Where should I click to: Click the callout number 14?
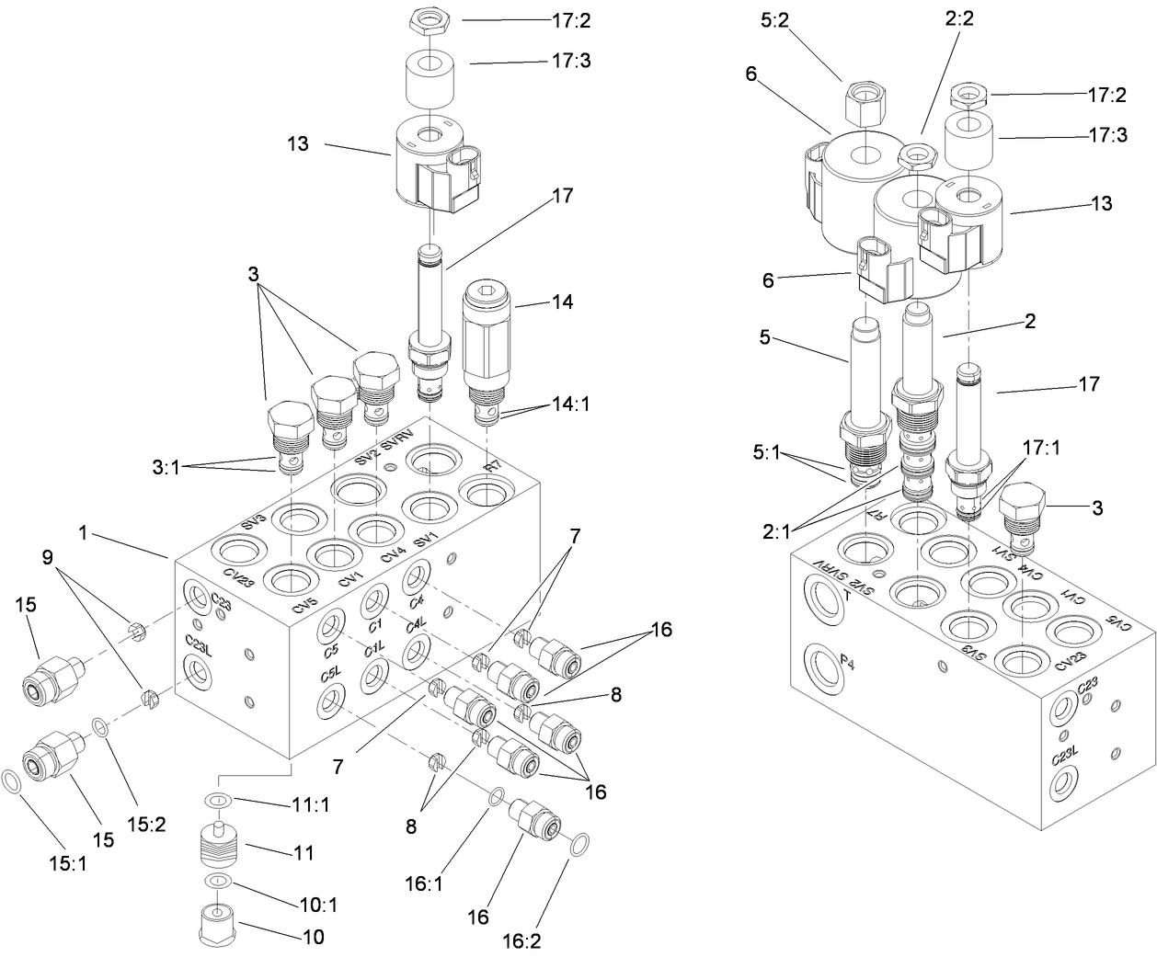click(x=562, y=302)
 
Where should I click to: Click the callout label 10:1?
click(x=317, y=905)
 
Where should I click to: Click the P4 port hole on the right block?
click(x=823, y=665)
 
